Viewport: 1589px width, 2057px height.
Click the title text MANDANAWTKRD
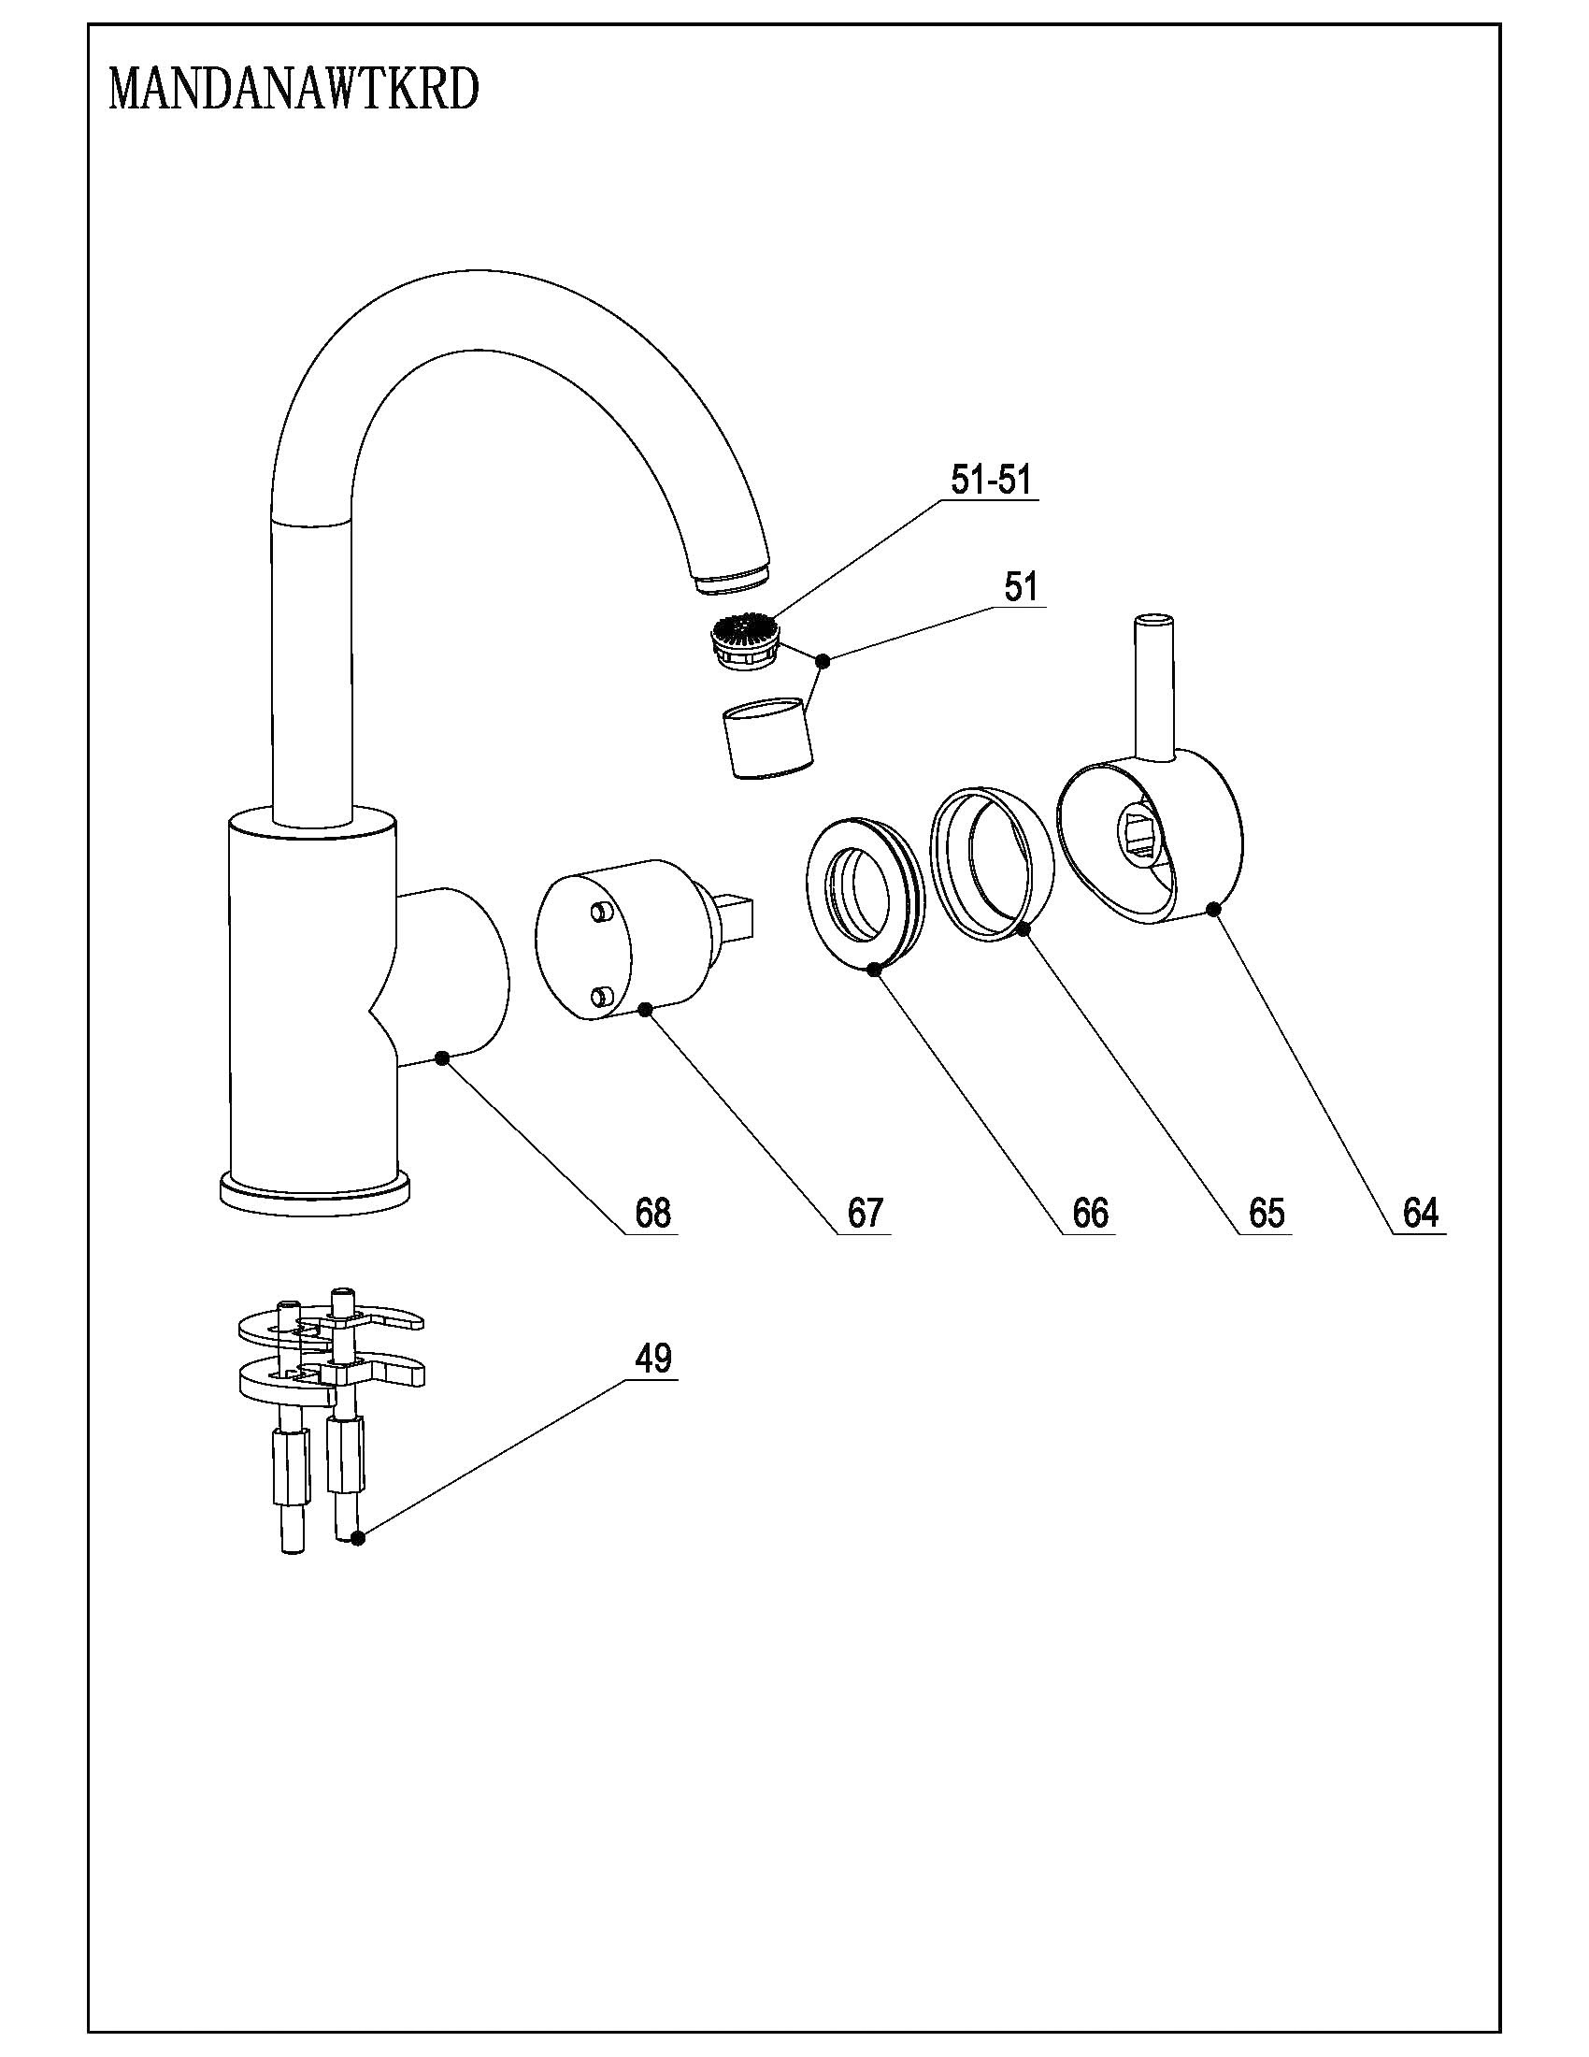[294, 91]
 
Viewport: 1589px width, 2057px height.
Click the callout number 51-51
[991, 481]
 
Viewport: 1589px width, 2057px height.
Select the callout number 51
[1022, 587]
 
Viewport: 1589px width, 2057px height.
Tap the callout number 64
[1421, 1213]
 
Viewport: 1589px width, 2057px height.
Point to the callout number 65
[1267, 1213]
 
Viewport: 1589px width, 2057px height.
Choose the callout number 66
[1091, 1213]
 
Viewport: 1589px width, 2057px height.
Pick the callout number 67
[866, 1213]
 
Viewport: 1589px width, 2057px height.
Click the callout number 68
[653, 1213]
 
